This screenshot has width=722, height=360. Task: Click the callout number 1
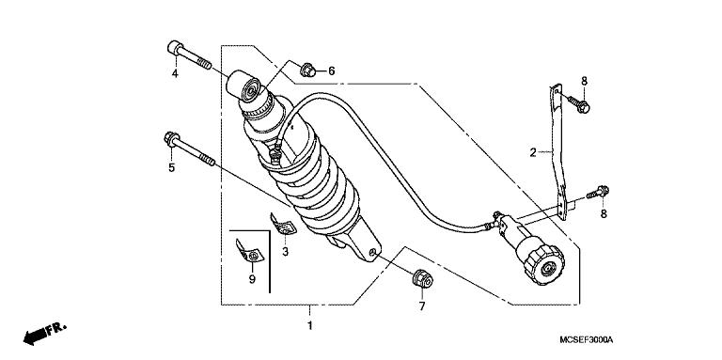tap(309, 326)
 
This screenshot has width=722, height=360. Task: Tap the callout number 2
tap(532, 152)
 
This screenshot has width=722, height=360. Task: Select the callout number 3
tap(286, 252)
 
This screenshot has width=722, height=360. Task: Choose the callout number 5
tap(171, 168)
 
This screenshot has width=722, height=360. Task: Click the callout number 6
tap(331, 70)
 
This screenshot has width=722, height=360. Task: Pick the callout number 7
tap(422, 306)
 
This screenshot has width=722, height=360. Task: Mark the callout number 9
tap(252, 280)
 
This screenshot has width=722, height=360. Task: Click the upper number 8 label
tap(583, 81)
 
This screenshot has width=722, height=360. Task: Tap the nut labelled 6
tap(307, 69)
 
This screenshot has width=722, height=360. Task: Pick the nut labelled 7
tap(421, 279)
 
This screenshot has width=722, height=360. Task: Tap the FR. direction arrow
tap(46, 333)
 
